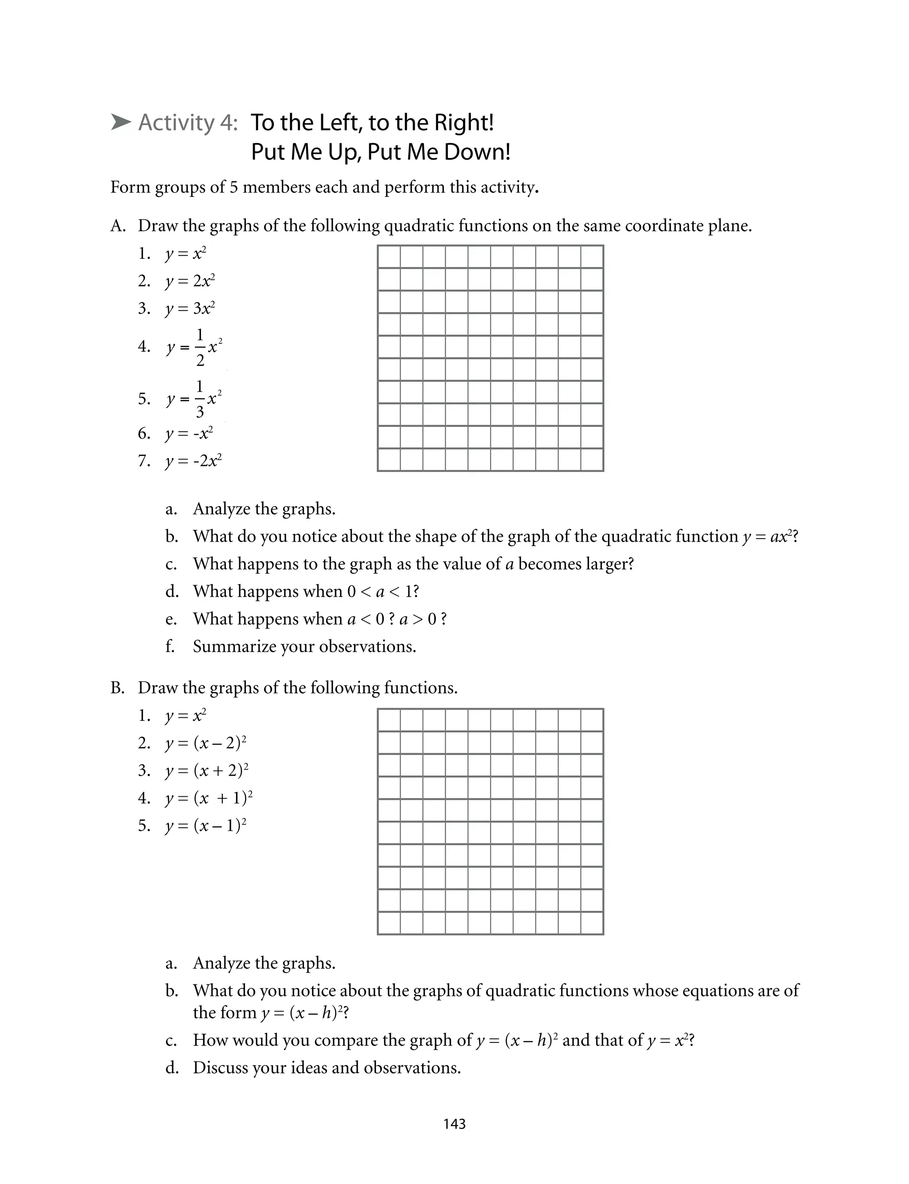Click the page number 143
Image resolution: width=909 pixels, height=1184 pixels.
pos(454,1124)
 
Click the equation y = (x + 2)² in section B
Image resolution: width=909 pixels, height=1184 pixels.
pos(206,771)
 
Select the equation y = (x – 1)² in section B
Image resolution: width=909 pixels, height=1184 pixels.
pos(206,826)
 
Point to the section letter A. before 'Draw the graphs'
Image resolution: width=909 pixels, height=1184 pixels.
pos(118,225)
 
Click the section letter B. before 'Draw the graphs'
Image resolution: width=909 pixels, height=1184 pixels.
pos(118,688)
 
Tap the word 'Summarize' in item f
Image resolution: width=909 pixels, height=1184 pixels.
pos(234,646)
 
